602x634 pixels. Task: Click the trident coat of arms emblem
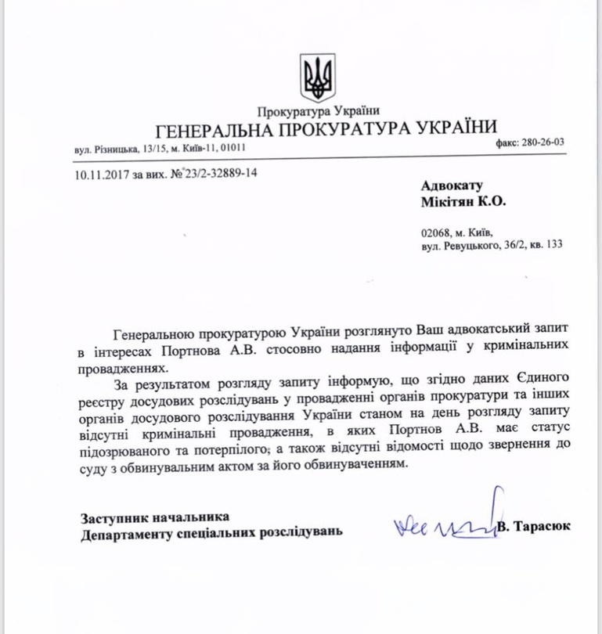[317, 77]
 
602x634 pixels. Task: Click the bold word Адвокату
[452, 186]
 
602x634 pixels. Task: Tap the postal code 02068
[435, 232]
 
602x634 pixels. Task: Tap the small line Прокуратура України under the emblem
[318, 112]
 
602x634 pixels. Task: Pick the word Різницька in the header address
[115, 147]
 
